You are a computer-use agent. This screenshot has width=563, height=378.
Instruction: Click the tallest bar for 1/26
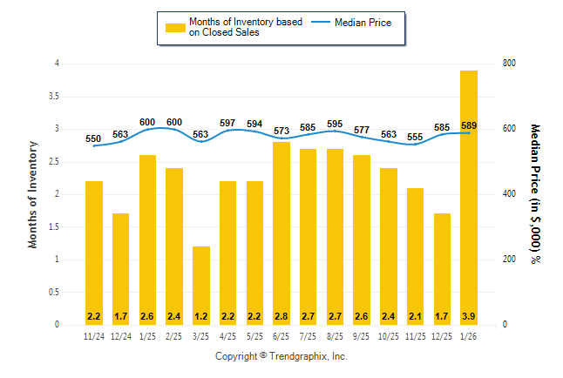(469, 197)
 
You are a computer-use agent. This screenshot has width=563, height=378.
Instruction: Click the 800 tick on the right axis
(509, 64)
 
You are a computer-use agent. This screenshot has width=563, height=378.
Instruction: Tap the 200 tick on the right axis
(509, 260)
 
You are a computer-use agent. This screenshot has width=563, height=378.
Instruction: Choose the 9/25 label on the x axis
(362, 336)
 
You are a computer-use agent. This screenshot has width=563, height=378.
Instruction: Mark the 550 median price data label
(93, 138)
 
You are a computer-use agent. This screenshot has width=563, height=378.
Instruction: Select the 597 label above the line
(228, 123)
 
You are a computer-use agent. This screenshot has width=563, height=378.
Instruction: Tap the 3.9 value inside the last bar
(469, 315)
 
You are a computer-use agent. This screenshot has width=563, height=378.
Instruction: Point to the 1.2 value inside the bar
(201, 315)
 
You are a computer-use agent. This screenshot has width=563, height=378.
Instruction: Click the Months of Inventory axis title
(33, 194)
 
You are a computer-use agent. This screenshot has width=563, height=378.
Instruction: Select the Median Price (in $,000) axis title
(535, 194)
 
